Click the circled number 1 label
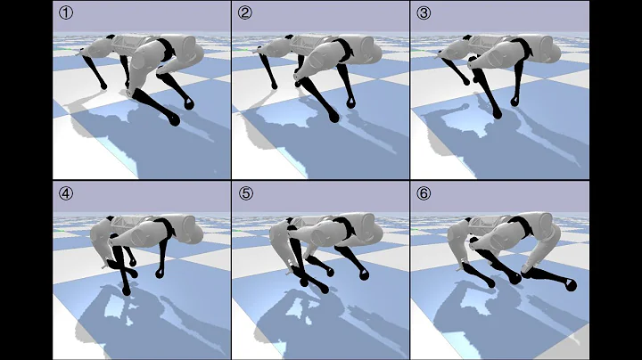click(64, 13)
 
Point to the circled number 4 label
click(64, 192)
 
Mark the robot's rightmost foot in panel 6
click(572, 285)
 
